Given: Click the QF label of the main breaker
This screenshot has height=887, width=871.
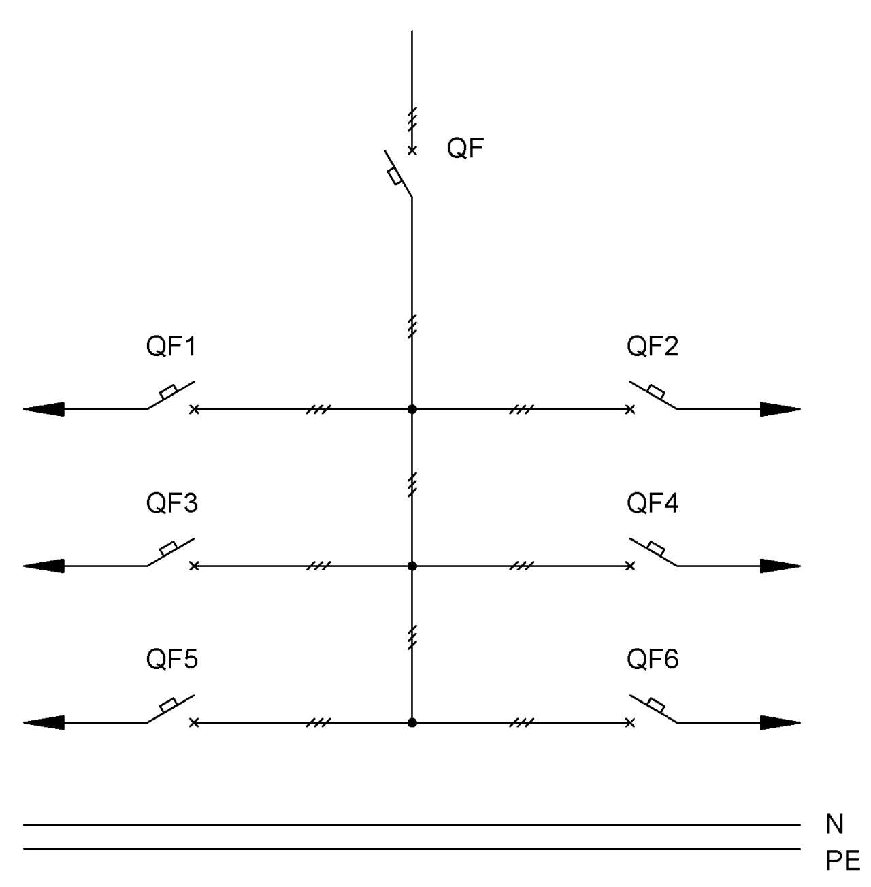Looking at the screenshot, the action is click(465, 148).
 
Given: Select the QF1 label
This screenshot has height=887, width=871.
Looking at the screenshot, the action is click(171, 346).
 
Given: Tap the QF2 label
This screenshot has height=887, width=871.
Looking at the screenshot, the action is click(653, 346).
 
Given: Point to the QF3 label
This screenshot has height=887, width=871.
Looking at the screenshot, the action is click(172, 502).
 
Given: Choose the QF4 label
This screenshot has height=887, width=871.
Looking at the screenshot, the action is click(653, 502).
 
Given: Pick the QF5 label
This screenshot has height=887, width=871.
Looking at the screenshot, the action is click(172, 659).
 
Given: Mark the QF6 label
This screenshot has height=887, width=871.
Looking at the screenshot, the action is click(653, 659).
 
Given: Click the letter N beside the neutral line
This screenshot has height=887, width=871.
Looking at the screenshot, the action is click(835, 824).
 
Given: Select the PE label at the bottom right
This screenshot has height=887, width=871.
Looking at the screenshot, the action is click(843, 860).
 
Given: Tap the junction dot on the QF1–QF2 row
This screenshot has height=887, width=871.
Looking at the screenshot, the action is click(412, 408).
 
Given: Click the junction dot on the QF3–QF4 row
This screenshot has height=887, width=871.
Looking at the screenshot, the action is click(412, 566).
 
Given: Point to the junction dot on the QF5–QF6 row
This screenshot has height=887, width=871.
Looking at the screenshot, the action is click(412, 723).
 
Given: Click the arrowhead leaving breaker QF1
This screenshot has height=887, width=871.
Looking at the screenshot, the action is click(44, 408).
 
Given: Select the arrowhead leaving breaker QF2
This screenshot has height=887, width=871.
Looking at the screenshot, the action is click(780, 408).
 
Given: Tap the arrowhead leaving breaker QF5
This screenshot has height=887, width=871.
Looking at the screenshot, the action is click(44, 723).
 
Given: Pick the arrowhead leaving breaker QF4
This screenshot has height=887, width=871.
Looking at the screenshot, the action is click(780, 566).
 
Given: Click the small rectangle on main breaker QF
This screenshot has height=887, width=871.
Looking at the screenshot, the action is click(394, 177).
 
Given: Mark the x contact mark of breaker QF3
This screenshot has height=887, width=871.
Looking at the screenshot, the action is click(194, 566).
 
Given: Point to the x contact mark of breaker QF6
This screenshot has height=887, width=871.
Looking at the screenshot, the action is click(630, 723).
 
